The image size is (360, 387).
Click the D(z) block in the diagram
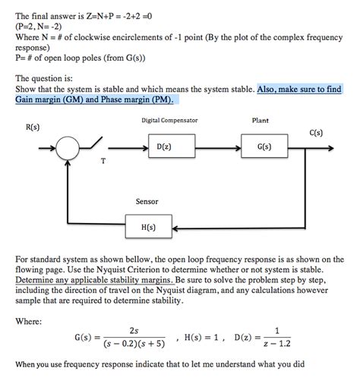pyautogui.click(x=163, y=146)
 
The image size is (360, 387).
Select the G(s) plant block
pyautogui.click(x=261, y=146)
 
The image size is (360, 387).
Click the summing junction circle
pyautogui.click(x=70, y=146)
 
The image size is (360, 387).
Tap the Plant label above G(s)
pyautogui.click(x=260, y=120)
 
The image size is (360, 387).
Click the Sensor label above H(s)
pyautogui.click(x=147, y=202)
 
